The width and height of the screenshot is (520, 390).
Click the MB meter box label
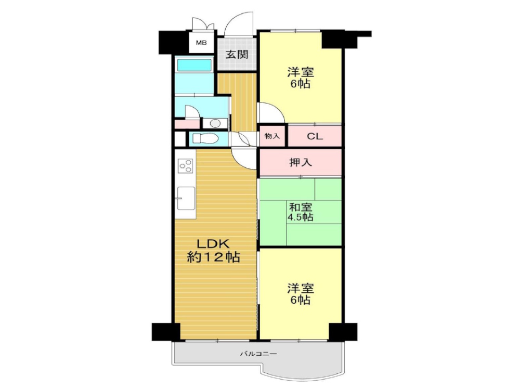coord(201,43)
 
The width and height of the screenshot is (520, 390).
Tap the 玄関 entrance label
coord(237,54)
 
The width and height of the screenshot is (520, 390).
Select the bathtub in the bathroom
coord(194,65)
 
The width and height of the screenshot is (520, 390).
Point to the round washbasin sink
coord(214,124)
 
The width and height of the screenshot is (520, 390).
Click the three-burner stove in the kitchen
coord(185,166)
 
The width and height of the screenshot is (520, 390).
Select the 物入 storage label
coord(272,137)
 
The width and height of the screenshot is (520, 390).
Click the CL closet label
coord(315,137)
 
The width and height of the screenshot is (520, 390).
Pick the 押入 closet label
coord(301,162)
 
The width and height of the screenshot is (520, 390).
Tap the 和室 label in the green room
coord(301,206)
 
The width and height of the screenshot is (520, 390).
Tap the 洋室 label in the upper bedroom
coord(301,72)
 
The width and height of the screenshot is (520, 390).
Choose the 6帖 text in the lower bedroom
coord(301,300)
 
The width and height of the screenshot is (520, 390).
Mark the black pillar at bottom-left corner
coord(165,331)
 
